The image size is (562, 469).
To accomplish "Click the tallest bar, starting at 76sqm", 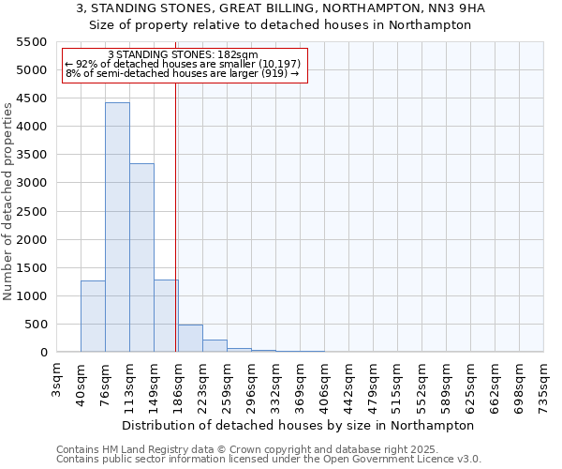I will (x=117, y=227).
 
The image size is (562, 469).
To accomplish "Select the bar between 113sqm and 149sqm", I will (x=141, y=258).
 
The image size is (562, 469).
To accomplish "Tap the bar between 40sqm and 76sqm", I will (x=93, y=316).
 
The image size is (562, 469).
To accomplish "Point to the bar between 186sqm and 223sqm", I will (x=190, y=339).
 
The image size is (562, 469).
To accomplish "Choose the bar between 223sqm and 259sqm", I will (x=214, y=346).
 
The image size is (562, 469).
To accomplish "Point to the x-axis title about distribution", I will (x=298, y=425).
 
